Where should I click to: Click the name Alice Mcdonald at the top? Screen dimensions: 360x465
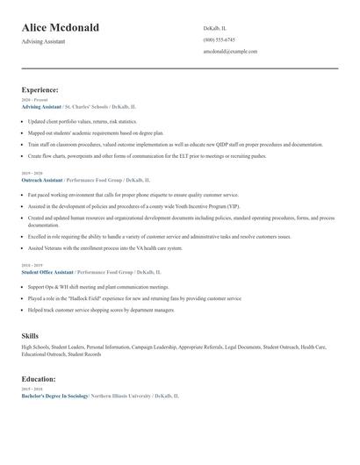(x=61, y=27)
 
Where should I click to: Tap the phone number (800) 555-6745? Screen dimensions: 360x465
(x=219, y=39)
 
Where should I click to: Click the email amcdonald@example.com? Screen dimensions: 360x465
(x=230, y=52)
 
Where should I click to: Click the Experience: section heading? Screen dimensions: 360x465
(x=40, y=89)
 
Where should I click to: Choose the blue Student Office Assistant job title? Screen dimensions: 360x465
(x=47, y=272)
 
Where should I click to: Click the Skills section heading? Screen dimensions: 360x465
(x=30, y=336)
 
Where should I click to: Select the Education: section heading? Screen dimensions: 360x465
(x=39, y=379)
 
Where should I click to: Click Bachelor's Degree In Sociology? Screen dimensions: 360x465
(x=55, y=397)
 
